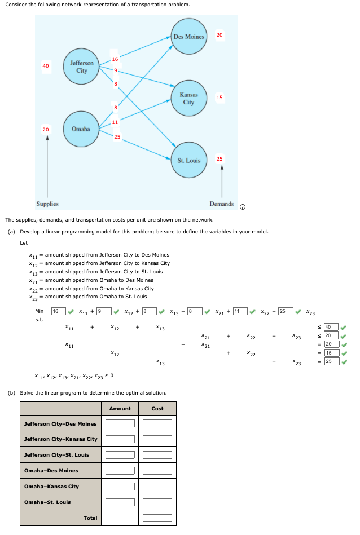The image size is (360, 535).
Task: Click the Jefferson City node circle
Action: (x=82, y=67)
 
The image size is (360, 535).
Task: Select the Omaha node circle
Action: (x=81, y=129)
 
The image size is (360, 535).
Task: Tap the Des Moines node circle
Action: (x=188, y=37)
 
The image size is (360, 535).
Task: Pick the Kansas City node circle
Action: (x=188, y=99)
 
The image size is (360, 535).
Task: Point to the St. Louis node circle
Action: (x=188, y=161)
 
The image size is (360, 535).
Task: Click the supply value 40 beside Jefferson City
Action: (x=46, y=66)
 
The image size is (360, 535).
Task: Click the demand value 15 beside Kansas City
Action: (x=219, y=98)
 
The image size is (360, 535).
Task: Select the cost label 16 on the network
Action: (x=115, y=59)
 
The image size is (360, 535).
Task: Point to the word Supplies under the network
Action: (x=47, y=204)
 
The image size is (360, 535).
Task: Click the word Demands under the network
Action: (x=221, y=204)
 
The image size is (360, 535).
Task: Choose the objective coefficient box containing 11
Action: (x=239, y=311)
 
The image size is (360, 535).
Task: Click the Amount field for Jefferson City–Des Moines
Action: (x=120, y=423)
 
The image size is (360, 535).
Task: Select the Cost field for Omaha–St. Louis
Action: (x=157, y=502)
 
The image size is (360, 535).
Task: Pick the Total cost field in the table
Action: (x=157, y=518)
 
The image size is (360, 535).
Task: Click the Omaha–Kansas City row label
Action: (x=52, y=487)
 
